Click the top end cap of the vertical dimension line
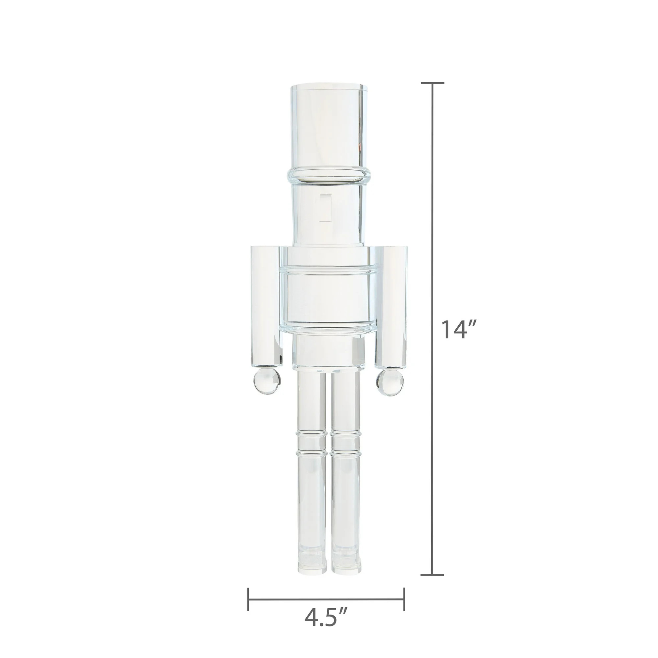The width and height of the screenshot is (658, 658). coord(433,83)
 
